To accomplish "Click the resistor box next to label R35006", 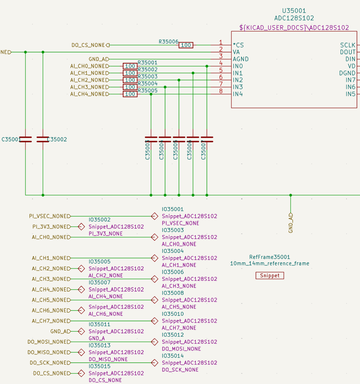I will point(186,45).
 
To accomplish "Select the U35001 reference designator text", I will point(294,11).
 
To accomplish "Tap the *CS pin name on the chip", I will point(238,45).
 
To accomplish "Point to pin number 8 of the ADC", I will point(221,91).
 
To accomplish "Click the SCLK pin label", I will point(348,45).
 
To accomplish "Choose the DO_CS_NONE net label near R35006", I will point(88,45).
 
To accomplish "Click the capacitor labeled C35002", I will point(43,139).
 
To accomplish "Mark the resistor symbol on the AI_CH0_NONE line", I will point(130,66).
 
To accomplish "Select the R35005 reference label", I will point(147,90).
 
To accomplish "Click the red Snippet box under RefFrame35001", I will point(270,276).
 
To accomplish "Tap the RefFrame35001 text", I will point(270,257).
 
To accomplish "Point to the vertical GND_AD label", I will point(291,223).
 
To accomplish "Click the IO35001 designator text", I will point(173,209).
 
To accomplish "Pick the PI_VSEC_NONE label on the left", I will point(49,216).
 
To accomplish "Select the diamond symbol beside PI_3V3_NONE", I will point(81,227).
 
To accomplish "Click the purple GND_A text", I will point(97,338).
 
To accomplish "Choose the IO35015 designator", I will point(100,366).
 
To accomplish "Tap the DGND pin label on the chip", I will point(347,73).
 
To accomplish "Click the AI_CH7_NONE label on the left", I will point(50,321).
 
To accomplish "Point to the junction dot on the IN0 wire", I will point(207,66).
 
